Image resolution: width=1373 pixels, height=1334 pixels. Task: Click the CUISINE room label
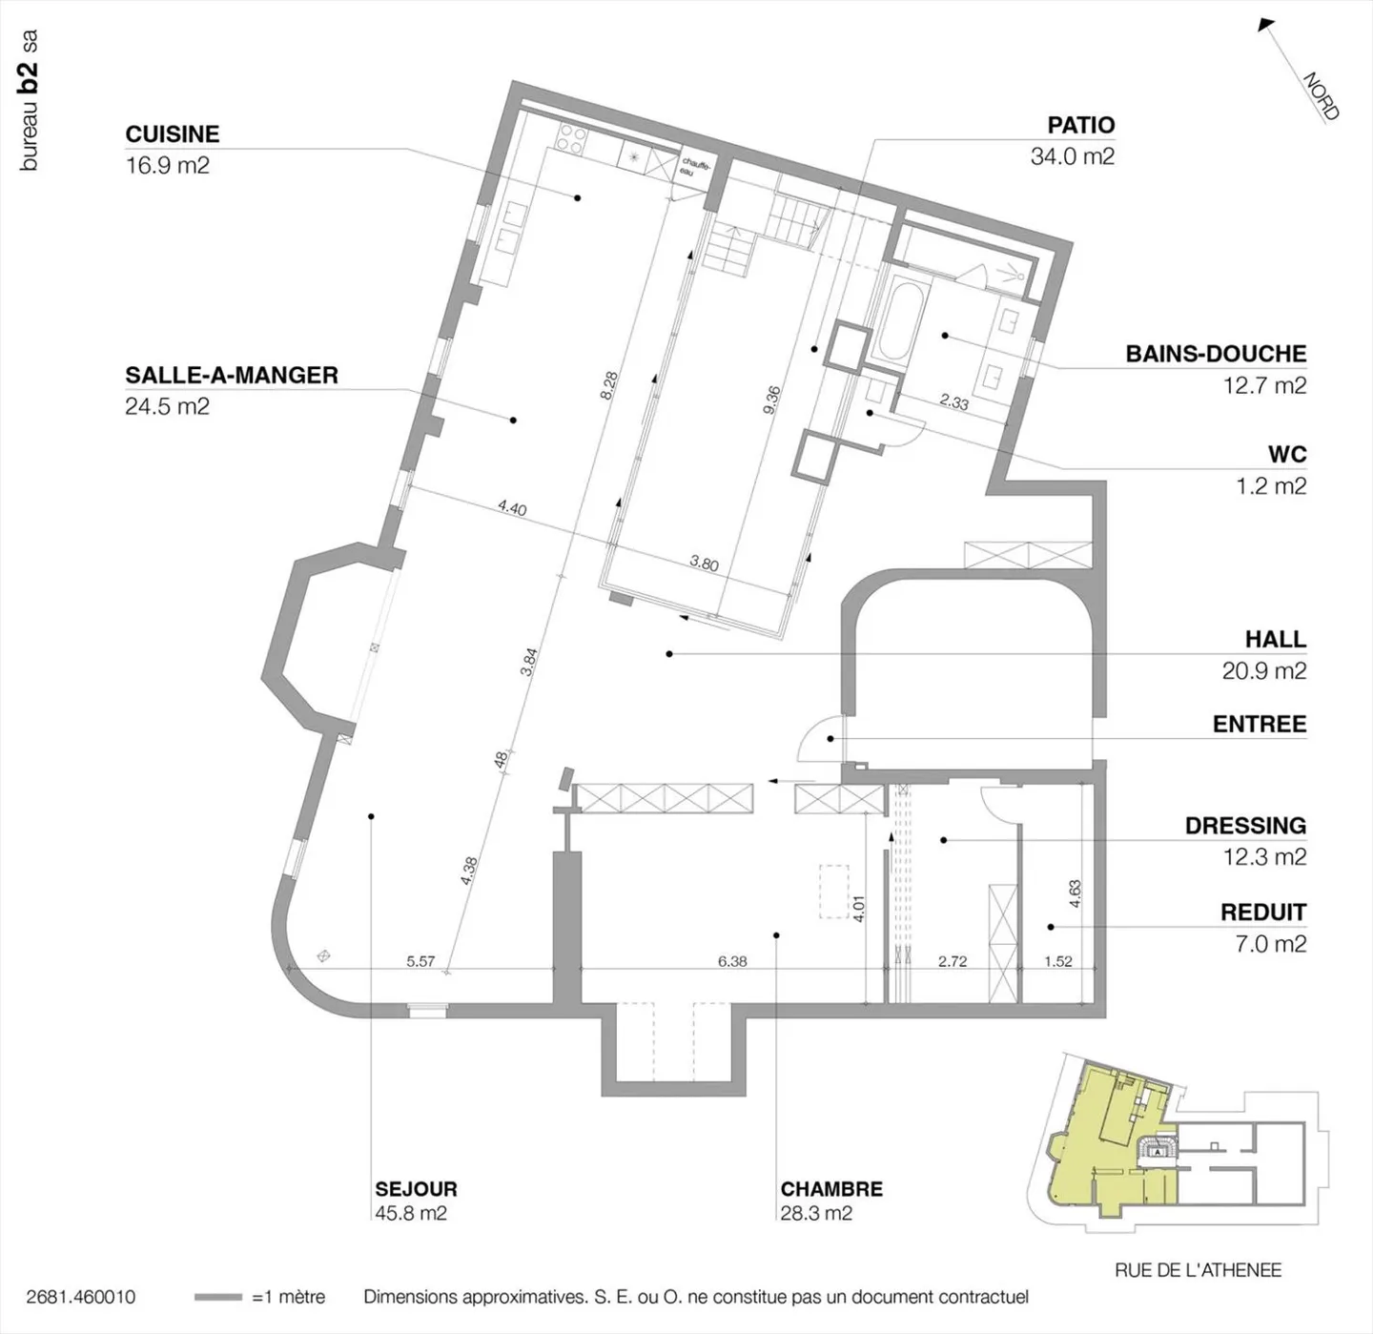click(x=173, y=134)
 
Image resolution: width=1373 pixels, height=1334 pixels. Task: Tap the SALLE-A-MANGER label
click(x=232, y=376)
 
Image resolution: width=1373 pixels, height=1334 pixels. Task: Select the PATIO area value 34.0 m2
click(x=1073, y=156)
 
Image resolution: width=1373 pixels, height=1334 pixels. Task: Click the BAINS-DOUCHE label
click(x=1216, y=354)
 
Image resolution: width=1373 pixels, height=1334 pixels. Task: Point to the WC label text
click(x=1287, y=455)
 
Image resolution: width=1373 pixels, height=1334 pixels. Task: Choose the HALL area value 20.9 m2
click(x=1264, y=670)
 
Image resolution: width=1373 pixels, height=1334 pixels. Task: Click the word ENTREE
click(x=1260, y=725)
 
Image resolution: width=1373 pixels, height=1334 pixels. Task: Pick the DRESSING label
click(x=1245, y=826)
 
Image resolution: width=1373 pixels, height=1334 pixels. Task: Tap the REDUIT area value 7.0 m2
click(x=1271, y=943)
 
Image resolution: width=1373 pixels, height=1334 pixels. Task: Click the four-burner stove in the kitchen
click(x=572, y=139)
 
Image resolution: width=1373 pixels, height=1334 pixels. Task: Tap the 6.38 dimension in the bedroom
click(x=731, y=961)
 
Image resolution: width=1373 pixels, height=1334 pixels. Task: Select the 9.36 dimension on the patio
click(x=772, y=400)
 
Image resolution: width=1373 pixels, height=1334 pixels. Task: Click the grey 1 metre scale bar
click(x=218, y=1297)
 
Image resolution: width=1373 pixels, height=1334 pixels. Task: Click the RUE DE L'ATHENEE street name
click(x=1198, y=1270)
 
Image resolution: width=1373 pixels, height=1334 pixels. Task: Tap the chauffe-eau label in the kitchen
click(x=696, y=167)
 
